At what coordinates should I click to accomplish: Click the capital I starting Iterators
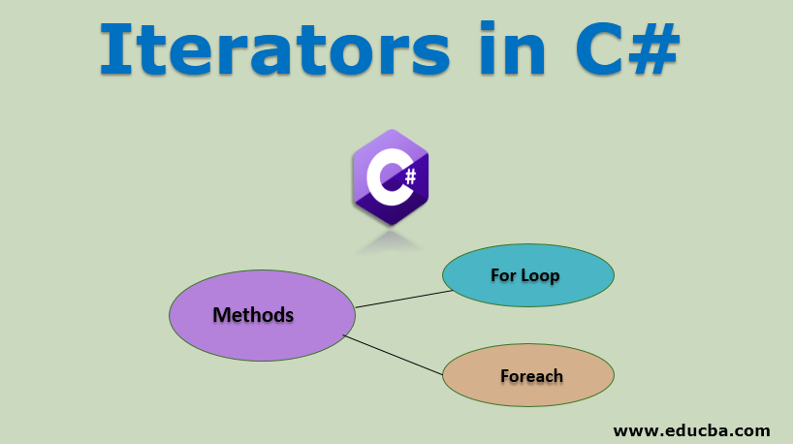[115, 48]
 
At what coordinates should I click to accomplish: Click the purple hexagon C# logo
[391, 177]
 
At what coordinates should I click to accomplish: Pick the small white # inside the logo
[410, 176]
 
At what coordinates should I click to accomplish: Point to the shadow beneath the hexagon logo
[391, 244]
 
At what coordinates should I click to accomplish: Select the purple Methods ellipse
[262, 315]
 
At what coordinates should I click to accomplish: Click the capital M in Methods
[221, 315]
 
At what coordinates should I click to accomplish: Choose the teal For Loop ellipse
[527, 275]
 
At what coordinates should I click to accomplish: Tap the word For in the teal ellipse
[503, 275]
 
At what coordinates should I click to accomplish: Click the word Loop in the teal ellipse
[540, 275]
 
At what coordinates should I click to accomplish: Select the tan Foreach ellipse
[527, 375]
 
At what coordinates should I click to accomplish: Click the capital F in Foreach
[505, 375]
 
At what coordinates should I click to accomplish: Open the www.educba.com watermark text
[691, 428]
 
